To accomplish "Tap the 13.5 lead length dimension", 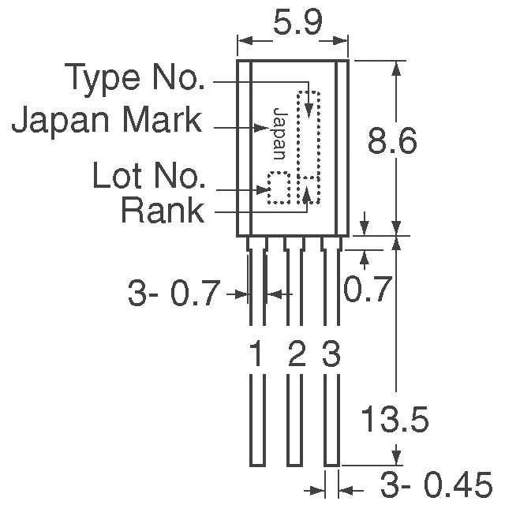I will (395, 421).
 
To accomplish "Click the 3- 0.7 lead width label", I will (173, 294).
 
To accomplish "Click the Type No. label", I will (135, 79).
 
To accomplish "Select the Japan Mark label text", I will (107, 122).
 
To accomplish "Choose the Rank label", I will (162, 211).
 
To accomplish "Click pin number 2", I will (295, 356).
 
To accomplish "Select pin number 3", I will (331, 356).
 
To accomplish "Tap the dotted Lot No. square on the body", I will (278, 188).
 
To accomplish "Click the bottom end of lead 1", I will (256, 462).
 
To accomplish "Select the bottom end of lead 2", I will (294, 462).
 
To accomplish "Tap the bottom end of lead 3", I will (332, 462).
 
